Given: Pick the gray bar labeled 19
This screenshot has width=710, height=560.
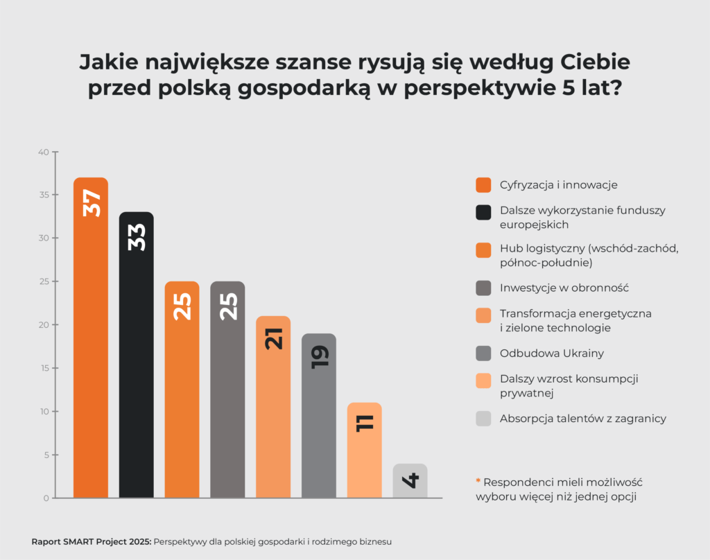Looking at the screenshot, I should pyautogui.click(x=318, y=416).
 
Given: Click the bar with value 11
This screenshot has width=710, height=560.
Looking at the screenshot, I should pyautogui.click(x=364, y=450).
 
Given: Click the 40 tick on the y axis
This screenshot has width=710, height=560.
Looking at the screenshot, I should pyautogui.click(x=43, y=152).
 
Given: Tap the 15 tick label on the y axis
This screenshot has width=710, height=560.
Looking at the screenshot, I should pyautogui.click(x=44, y=368).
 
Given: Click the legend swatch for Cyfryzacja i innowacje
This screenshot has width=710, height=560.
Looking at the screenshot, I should pyautogui.click(x=483, y=185).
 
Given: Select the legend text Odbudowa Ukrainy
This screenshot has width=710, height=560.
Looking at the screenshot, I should pyautogui.click(x=551, y=353).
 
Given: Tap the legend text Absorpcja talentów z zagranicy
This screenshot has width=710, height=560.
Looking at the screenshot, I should pyautogui.click(x=582, y=419).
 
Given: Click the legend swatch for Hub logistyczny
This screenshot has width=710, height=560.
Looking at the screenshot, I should pyautogui.click(x=483, y=250).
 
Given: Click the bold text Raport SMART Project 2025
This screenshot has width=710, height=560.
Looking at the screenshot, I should pyautogui.click(x=91, y=541).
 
